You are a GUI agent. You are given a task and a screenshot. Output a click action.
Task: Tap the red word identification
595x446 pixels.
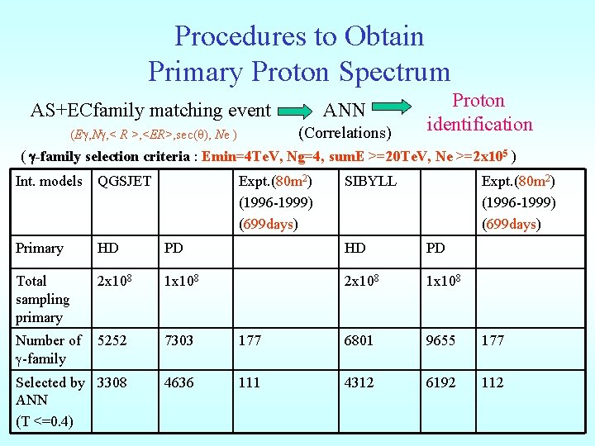pos(479,125)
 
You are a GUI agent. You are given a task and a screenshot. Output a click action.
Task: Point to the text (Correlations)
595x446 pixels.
pos(344,133)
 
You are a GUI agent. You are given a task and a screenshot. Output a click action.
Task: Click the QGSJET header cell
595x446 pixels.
pos(124,181)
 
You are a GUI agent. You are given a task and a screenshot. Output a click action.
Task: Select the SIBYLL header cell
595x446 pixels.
pos(370,181)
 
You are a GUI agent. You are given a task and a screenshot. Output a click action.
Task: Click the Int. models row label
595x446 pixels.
pos(49,181)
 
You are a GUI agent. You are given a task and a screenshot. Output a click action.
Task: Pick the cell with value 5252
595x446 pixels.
pos(112,340)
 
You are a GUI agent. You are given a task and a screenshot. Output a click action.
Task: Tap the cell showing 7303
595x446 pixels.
pos(179,340)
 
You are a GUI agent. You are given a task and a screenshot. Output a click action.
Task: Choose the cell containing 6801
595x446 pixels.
pos(359,340)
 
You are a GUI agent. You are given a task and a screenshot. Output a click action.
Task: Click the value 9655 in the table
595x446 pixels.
pos(440,340)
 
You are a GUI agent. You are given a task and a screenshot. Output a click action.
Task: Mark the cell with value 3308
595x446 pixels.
pos(112,382)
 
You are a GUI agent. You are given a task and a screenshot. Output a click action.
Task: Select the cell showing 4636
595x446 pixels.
pos(179,382)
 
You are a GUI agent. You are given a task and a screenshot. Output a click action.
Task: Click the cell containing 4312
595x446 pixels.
pos(359,382)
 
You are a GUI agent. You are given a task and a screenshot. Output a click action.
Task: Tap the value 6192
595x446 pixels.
pos(440,382)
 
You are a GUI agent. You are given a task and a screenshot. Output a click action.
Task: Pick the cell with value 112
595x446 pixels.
pos(494,382)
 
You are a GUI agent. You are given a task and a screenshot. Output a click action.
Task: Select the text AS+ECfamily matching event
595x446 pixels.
pos(150,111)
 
